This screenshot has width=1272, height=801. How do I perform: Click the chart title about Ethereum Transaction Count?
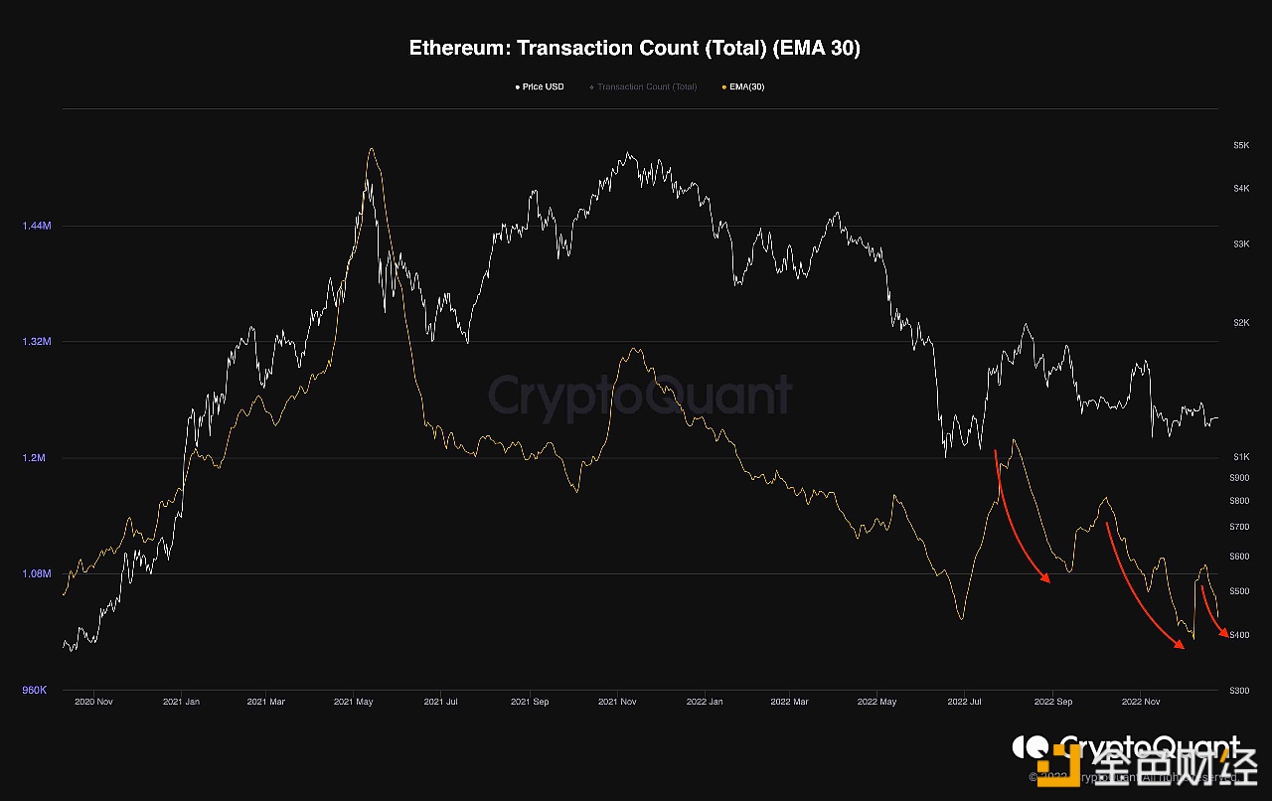point(635,48)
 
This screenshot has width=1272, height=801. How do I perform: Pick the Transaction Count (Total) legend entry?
point(646,87)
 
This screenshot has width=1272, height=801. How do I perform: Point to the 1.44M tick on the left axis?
point(36,226)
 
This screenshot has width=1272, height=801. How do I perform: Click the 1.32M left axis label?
point(36,341)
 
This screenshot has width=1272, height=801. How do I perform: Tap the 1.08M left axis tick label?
point(36,573)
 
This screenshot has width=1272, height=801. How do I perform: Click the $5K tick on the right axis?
point(1241,145)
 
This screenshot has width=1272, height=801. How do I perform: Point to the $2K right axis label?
point(1241,323)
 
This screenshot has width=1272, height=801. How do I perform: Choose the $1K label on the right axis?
point(1241,457)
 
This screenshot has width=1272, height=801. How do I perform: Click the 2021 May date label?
point(355,702)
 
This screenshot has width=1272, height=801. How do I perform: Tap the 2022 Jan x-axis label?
point(704,702)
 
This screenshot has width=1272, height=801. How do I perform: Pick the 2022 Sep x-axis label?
point(1052,702)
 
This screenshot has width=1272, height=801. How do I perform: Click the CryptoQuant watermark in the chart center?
point(639,396)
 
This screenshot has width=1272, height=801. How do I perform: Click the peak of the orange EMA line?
point(371,149)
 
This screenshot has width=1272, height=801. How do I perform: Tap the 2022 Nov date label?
point(1139,702)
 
